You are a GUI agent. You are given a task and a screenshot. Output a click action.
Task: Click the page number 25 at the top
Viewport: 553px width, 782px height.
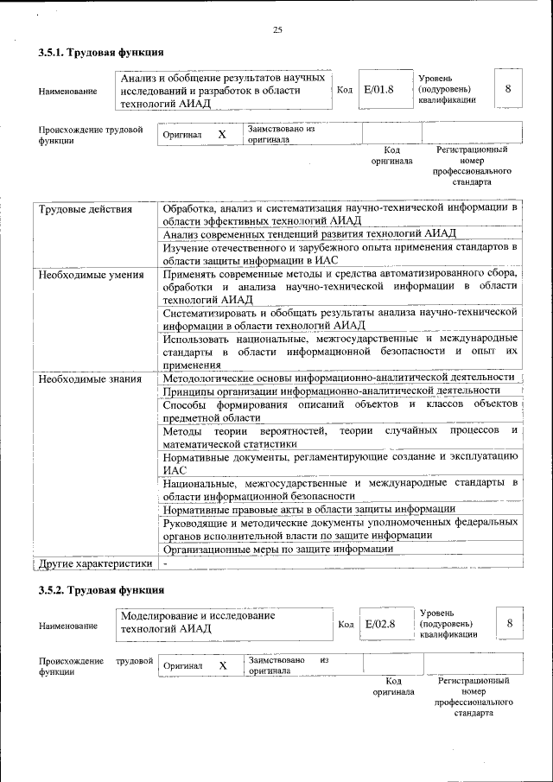pyautogui.click(x=277, y=31)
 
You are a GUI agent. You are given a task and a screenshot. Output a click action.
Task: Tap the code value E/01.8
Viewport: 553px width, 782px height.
pyautogui.click(x=378, y=89)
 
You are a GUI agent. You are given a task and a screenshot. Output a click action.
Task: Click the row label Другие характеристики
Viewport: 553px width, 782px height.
pyautogui.click(x=96, y=563)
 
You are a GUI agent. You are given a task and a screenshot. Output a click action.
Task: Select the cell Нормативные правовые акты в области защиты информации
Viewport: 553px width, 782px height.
pyautogui.click(x=309, y=509)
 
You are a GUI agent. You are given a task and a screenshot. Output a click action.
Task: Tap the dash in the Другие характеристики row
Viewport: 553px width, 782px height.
pyautogui.click(x=165, y=563)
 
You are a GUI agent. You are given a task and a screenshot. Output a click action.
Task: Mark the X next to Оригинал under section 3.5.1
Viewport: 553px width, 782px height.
pyautogui.click(x=221, y=135)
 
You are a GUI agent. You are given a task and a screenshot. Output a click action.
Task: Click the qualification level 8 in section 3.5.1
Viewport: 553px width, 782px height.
pyautogui.click(x=508, y=89)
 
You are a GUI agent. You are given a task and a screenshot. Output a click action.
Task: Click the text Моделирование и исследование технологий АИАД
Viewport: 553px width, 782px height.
pyautogui.click(x=199, y=622)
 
